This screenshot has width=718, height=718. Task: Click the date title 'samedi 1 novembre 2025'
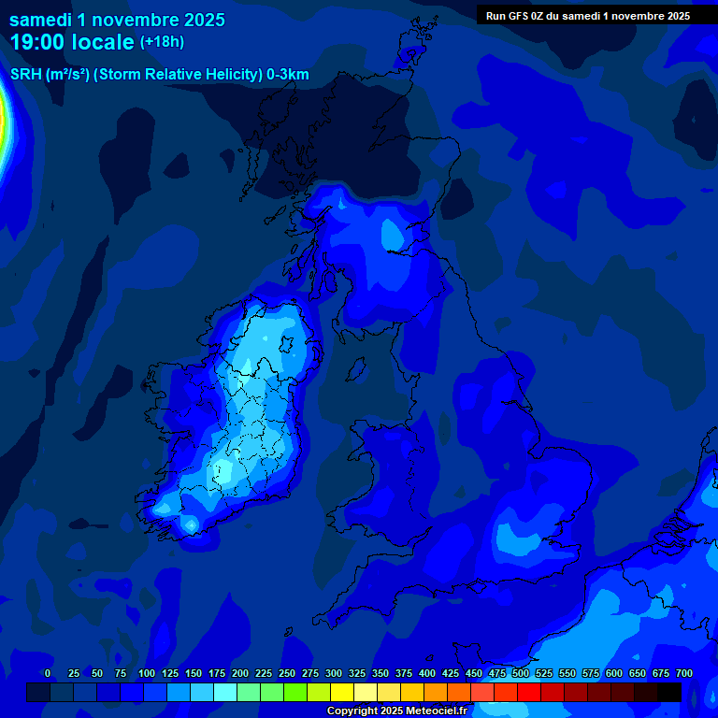pos(117,19)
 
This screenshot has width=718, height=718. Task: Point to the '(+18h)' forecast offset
pos(162,42)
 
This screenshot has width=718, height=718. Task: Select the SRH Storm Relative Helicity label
pos(159,75)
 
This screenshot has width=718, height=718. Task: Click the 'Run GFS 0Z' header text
pos(587,16)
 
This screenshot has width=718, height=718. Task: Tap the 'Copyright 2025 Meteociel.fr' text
pos(396,711)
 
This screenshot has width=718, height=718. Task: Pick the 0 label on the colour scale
pos(48,673)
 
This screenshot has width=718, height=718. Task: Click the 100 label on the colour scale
pos(147,673)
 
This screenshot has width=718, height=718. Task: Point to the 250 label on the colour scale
pos(287,673)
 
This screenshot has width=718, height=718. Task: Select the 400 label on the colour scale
pos(427,673)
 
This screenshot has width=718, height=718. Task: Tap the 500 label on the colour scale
pos(521,673)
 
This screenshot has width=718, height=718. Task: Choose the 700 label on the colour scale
pos(684,673)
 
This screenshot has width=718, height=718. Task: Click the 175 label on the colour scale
pos(217,673)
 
